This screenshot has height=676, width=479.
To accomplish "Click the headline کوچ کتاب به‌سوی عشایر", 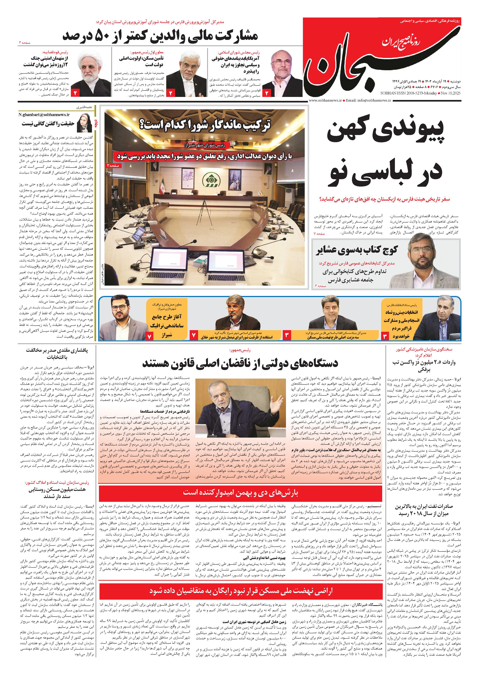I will click(357, 250).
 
